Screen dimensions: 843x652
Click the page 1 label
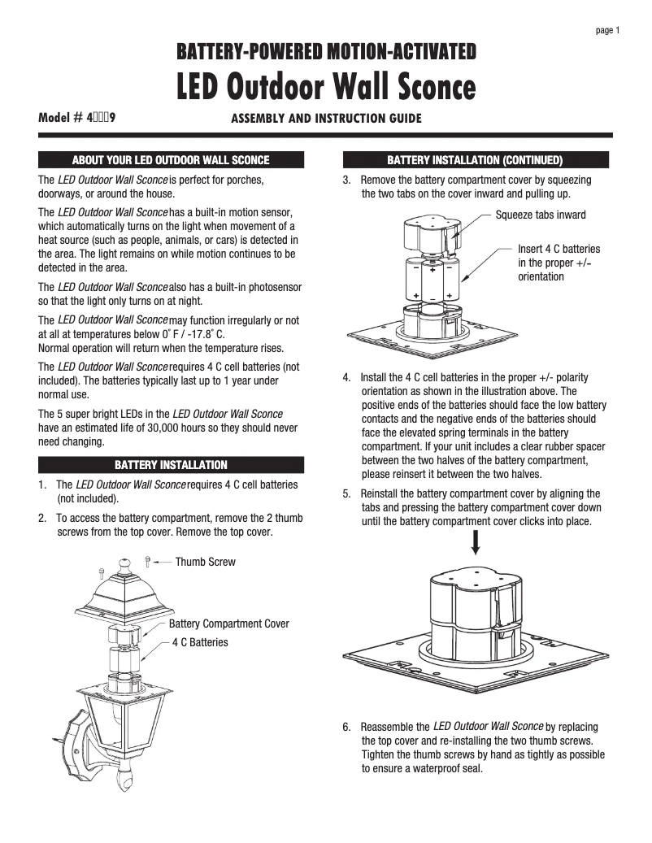tap(608, 31)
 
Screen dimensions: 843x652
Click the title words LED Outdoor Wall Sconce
tap(326, 85)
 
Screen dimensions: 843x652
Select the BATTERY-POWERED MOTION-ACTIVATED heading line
tap(326, 54)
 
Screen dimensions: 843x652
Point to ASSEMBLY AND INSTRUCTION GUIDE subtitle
tap(326, 119)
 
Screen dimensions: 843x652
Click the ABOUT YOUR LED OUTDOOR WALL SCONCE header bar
tap(171, 160)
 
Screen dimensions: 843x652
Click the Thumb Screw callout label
tap(205, 562)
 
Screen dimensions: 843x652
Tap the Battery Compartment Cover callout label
tap(228, 624)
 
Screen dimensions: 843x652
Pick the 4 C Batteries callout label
tap(200, 642)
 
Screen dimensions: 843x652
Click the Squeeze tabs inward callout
tap(540, 215)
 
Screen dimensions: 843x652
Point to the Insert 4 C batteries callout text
tap(559, 263)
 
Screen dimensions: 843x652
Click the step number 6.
tap(346, 727)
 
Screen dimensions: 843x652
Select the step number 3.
tap(346, 180)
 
